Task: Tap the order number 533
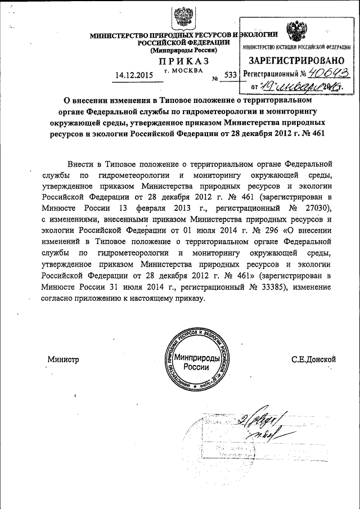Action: click(x=230, y=74)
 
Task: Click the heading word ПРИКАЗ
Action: click(x=184, y=61)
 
